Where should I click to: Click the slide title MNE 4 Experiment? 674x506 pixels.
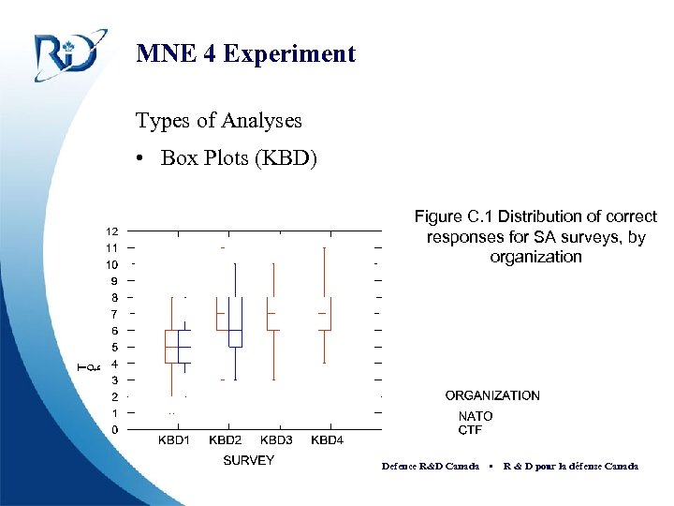tap(245, 53)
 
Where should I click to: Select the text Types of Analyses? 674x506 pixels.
tap(218, 121)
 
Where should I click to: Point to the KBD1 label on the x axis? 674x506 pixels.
tap(173, 439)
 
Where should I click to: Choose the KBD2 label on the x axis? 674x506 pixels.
tap(225, 439)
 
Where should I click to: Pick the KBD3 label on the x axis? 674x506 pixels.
tap(276, 439)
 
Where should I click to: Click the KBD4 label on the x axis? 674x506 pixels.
tap(327, 439)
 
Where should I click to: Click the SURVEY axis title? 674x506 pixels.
tap(248, 460)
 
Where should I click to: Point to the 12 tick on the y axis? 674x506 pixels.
tap(111, 231)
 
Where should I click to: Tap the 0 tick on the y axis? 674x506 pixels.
tap(114, 429)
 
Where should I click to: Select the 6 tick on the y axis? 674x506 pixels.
tap(114, 330)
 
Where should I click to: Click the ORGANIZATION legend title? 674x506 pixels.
tap(492, 395)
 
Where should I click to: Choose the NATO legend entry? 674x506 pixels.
tap(475, 416)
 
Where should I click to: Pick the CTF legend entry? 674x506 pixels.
tap(470, 430)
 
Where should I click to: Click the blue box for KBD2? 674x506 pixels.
tap(236, 322)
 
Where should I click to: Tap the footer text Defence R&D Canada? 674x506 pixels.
tap(431, 466)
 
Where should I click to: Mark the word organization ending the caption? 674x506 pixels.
tap(535, 257)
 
